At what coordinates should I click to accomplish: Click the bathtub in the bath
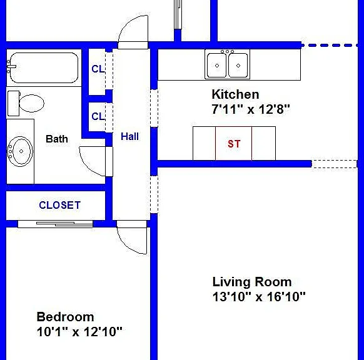click(x=44, y=67)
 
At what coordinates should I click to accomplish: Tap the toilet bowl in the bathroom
click(x=31, y=103)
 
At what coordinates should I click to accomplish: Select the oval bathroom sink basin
click(x=21, y=151)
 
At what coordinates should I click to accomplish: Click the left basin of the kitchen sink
click(x=217, y=66)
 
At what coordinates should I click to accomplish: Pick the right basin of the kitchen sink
click(x=238, y=66)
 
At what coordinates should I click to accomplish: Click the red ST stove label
click(x=234, y=144)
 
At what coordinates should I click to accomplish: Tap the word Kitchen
click(x=235, y=94)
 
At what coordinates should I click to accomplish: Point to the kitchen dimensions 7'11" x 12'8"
click(x=251, y=109)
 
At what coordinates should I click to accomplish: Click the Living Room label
click(x=252, y=282)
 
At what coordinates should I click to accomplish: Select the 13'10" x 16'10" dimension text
click(x=259, y=296)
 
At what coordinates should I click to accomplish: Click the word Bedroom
click(x=65, y=317)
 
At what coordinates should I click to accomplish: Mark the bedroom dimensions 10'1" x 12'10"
click(x=79, y=332)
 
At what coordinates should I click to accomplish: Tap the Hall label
click(x=129, y=136)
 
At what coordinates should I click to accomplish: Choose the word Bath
click(x=57, y=139)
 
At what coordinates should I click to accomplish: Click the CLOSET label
click(x=60, y=205)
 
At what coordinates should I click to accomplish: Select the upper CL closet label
click(x=98, y=69)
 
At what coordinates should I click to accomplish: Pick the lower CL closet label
click(x=98, y=116)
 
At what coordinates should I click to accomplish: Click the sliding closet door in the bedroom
click(x=55, y=224)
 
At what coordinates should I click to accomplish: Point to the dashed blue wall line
click(x=330, y=46)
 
